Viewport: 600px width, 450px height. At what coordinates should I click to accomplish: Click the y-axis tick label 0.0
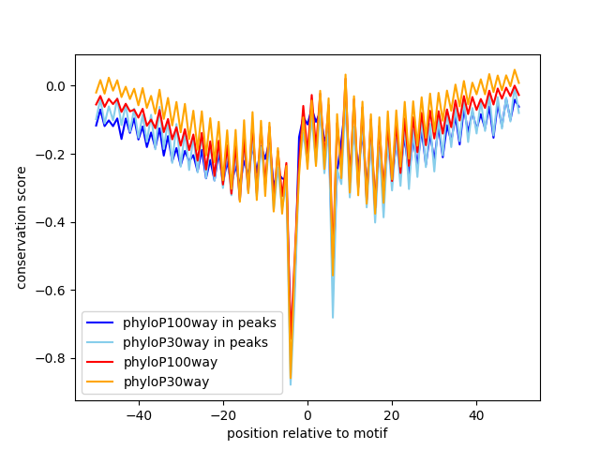pos(55,86)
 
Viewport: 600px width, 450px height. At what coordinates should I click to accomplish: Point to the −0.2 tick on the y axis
pos(51,155)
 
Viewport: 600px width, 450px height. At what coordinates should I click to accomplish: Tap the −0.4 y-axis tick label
pos(51,223)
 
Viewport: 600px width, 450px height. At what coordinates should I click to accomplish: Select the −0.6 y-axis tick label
pos(51,291)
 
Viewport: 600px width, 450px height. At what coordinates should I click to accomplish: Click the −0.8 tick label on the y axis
pos(51,359)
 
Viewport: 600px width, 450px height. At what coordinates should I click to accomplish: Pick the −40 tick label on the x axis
pos(139,415)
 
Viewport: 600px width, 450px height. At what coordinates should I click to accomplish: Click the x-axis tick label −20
pos(223,415)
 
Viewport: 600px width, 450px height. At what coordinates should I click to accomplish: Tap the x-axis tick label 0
pos(307,415)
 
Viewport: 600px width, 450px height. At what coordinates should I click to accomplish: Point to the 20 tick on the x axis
pos(392,415)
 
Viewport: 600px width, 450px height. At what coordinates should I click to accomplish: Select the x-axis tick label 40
pos(477,415)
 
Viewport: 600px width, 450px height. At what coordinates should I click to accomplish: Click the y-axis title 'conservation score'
pos(21,228)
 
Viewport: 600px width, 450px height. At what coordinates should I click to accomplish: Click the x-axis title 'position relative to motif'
pos(307,433)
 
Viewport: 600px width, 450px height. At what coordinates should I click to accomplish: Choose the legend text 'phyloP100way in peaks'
pos(200,322)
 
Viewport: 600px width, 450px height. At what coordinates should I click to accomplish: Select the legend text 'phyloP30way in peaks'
pos(195,342)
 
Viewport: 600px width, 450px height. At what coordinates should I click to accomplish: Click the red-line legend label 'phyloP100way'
pos(171,362)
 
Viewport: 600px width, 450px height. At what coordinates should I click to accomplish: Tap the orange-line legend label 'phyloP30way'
pos(166,382)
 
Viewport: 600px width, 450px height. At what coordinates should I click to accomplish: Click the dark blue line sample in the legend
pos(100,322)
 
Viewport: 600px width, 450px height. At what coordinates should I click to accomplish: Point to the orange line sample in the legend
pos(100,382)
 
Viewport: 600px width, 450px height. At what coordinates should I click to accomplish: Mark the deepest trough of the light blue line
pos(291,384)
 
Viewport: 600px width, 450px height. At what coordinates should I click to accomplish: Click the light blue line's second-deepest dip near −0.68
pos(333,318)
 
